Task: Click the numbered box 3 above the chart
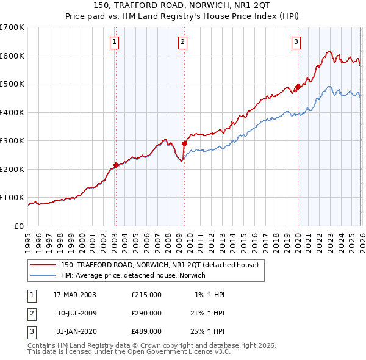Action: pos(296,42)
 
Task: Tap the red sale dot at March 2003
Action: pos(116,165)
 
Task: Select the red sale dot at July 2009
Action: pos(184,144)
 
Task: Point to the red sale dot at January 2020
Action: pos(298,87)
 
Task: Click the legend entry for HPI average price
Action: pos(133,275)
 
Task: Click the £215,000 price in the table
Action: pos(146,295)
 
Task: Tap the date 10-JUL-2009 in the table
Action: pos(76,313)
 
